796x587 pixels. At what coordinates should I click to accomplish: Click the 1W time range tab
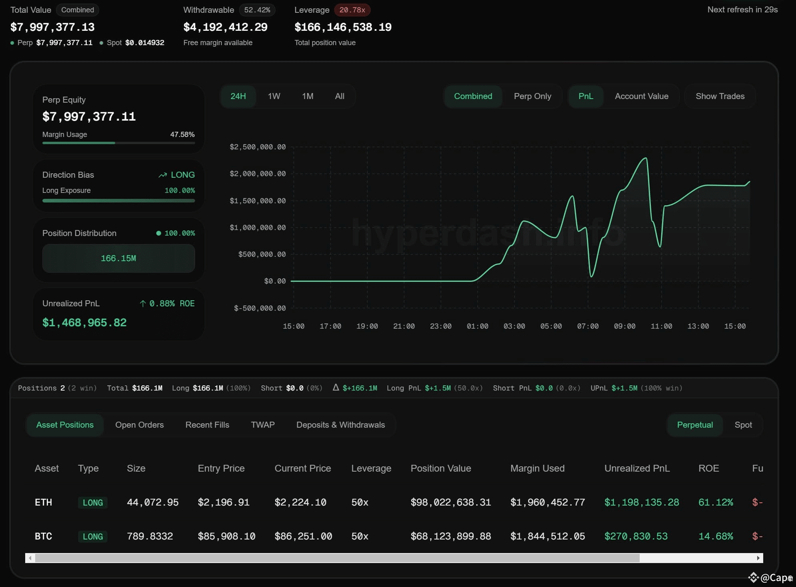coord(274,96)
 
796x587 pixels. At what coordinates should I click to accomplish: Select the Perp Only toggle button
coord(532,96)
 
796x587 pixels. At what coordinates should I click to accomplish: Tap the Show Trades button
coord(720,96)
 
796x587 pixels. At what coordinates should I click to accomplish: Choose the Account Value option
coord(641,96)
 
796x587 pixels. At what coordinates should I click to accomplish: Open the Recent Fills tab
coord(207,425)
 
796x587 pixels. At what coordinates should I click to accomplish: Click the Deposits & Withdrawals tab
coord(340,425)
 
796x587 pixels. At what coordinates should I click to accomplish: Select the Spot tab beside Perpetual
coord(743,425)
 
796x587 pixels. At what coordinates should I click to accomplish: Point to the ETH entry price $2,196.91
coord(223,502)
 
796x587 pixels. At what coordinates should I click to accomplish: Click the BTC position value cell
coord(451,536)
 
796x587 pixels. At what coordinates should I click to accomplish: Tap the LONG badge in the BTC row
coord(93,537)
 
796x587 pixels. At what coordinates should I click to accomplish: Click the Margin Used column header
coord(537,468)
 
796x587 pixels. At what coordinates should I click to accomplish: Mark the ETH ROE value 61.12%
coord(715,502)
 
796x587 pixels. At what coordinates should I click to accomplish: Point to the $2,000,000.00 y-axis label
coord(257,174)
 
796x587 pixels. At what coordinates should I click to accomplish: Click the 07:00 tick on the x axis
coord(588,326)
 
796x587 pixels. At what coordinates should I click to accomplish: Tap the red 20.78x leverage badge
coord(352,10)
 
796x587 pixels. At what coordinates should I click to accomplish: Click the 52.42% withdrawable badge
coord(257,10)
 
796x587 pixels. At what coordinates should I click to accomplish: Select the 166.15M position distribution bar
coord(118,258)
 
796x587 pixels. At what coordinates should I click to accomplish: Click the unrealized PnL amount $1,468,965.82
coord(84,323)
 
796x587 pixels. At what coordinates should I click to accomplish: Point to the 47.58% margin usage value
coord(182,135)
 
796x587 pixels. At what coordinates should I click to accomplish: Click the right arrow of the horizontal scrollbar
coord(758,558)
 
